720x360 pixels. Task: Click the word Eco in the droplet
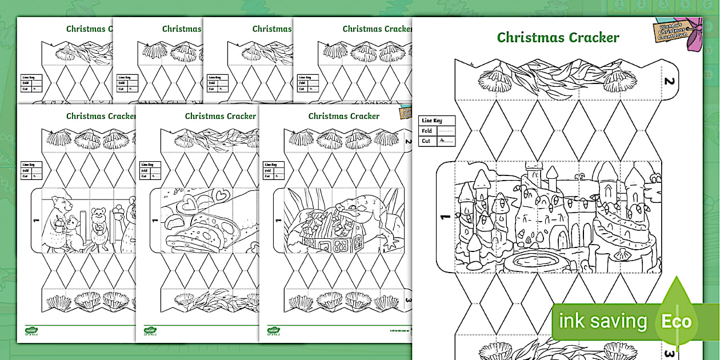[676, 321]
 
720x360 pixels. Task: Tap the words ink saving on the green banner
[602, 321]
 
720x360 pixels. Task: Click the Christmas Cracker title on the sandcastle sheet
[558, 38]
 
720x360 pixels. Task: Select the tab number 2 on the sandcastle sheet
[669, 81]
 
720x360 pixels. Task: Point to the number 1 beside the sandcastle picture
[445, 217]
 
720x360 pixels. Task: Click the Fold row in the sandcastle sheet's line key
[437, 131]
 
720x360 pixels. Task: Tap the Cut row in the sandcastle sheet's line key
[437, 141]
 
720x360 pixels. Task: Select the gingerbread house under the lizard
[323, 237]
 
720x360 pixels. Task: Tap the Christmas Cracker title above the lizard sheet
[343, 116]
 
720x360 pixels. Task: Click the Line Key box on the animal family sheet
[31, 170]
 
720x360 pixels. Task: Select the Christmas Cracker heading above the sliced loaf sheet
[220, 116]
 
